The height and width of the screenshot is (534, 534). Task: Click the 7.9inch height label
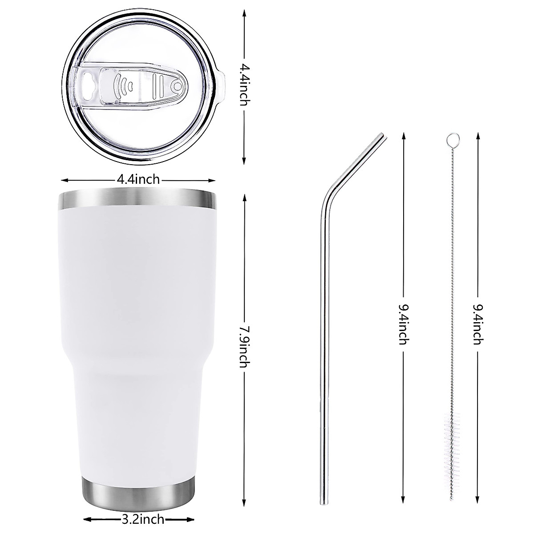245,347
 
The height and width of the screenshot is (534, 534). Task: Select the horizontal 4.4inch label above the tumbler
138,179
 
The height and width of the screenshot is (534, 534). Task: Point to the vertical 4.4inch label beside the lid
245,85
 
